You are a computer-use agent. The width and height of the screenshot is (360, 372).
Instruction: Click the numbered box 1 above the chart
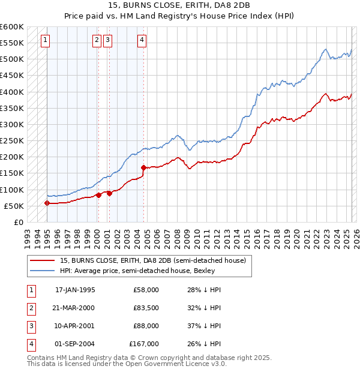[x=46, y=40]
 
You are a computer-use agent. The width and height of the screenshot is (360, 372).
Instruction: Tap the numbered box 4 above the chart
[x=142, y=40]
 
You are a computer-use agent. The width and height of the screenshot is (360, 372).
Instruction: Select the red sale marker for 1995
[x=47, y=203]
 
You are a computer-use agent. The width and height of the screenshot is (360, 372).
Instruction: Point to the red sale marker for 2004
[x=143, y=167]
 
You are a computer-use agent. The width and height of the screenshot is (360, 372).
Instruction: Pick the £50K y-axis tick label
[x=14, y=206]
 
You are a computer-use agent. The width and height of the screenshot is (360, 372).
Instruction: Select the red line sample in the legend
[x=42, y=260]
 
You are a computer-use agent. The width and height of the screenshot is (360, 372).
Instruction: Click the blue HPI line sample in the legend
[x=42, y=271]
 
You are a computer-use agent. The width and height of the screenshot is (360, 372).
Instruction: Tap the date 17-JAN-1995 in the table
[x=75, y=290]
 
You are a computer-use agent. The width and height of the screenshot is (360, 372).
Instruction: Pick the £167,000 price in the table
[x=144, y=344]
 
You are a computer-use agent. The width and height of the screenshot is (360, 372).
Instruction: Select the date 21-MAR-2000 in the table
[x=75, y=308]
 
